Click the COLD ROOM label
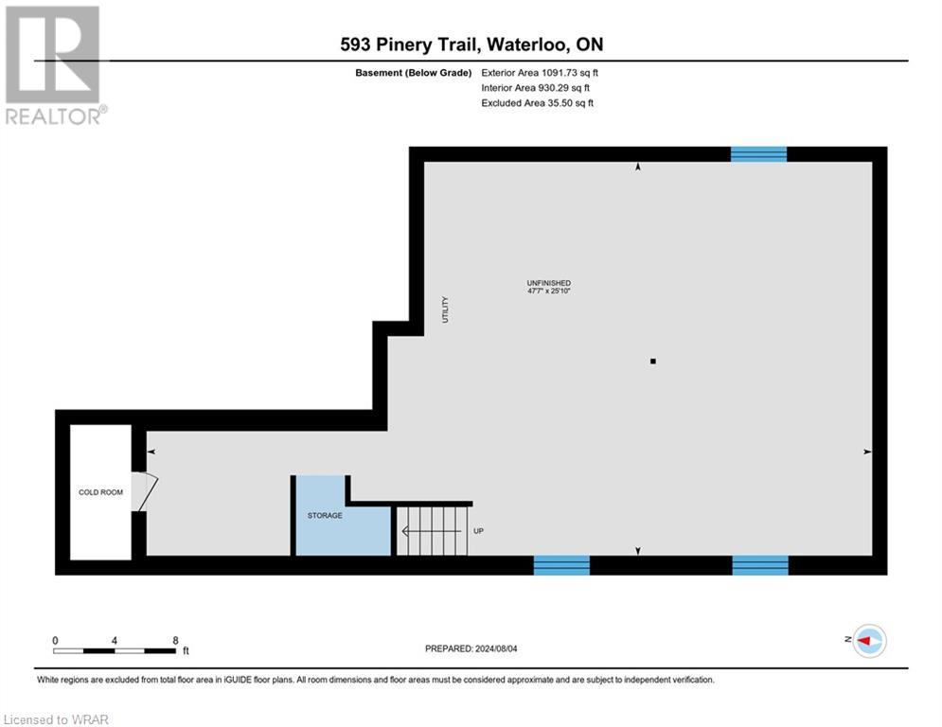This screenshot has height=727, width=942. tap(100, 492)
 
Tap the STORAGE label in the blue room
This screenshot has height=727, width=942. tap(325, 516)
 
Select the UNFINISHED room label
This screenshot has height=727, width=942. tap(549, 283)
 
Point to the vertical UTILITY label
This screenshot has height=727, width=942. tap(444, 310)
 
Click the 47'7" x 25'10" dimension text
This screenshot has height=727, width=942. tap(549, 292)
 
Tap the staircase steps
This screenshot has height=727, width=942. tap(432, 531)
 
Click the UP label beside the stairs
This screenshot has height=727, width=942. tap(478, 531)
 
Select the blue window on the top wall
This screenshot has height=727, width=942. tap(758, 154)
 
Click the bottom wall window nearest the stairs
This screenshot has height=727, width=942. tap(561, 565)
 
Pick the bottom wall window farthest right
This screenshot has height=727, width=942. tap(760, 565)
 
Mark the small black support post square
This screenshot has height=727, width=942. tap(652, 361)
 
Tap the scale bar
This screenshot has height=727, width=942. tap(115, 651)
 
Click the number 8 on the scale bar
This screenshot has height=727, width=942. tap(175, 641)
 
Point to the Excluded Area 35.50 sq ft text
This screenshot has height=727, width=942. tap(539, 103)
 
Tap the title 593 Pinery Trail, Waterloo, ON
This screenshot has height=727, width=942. tap(471, 44)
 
